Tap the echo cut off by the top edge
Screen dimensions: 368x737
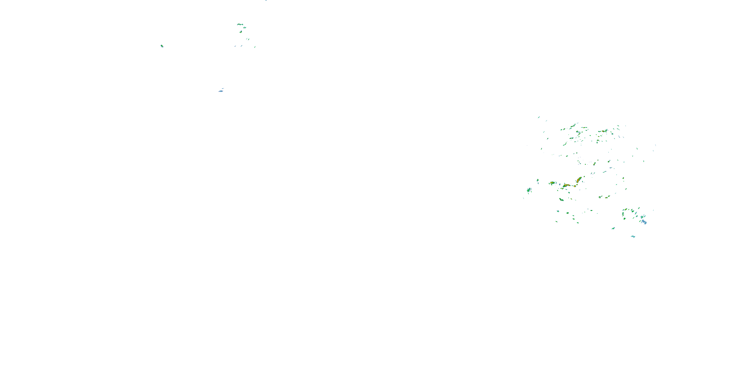tap(266, 0)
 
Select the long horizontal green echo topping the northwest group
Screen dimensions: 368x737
tap(240, 24)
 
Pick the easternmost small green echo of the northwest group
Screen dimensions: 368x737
tap(255, 47)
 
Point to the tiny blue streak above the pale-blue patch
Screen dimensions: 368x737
tap(223, 89)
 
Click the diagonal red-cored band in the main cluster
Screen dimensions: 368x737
tap(579, 180)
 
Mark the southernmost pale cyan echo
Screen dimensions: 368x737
tap(633, 237)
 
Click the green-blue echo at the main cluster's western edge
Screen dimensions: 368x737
tap(529, 190)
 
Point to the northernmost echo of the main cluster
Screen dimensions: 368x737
tap(539, 117)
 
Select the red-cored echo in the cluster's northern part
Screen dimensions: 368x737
tap(604, 131)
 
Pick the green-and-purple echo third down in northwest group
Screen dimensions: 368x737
tap(241, 32)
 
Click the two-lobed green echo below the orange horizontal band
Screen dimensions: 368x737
tap(561, 199)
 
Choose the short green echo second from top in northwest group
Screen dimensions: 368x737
tap(245, 28)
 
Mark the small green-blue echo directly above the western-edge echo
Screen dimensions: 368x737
tap(538, 180)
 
